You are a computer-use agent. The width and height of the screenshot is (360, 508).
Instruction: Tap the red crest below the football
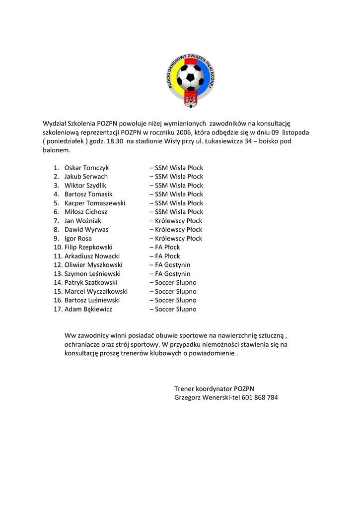click(x=190, y=98)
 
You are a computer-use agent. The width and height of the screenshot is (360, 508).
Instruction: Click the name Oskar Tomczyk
click(x=86, y=168)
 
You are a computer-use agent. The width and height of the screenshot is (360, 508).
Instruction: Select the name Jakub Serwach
click(x=86, y=177)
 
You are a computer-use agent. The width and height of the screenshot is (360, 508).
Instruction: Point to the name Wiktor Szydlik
click(x=85, y=186)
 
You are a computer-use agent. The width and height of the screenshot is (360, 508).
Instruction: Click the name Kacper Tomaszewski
click(x=95, y=203)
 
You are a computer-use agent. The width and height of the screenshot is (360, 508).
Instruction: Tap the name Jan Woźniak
click(x=83, y=221)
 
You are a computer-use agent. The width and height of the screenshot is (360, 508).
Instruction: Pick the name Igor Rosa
click(x=78, y=239)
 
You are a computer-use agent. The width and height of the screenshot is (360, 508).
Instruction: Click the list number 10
click(x=57, y=247)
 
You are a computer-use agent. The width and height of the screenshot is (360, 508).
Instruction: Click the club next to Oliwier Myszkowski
click(x=170, y=265)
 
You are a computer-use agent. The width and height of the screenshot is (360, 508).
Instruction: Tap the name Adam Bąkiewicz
click(x=88, y=309)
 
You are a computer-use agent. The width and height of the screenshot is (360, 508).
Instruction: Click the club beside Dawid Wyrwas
click(x=176, y=230)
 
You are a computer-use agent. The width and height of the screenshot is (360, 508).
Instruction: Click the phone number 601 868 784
click(x=260, y=397)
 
